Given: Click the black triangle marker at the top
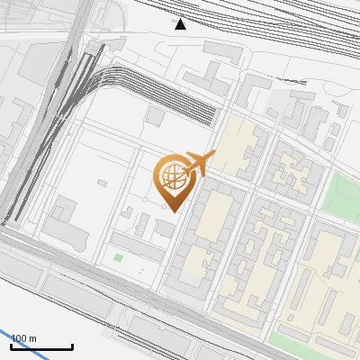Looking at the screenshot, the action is pos(181,24).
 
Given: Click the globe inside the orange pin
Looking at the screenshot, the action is pos(171,178).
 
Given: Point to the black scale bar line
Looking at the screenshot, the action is pos(41,346).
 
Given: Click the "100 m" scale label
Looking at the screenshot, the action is pos(23,338).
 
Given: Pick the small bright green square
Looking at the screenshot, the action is pos(119,258).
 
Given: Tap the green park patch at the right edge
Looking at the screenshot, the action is pos(341,193).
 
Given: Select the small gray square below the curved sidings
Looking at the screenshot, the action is pos(155,117).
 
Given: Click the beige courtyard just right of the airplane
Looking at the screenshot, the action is pos(236,148).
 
